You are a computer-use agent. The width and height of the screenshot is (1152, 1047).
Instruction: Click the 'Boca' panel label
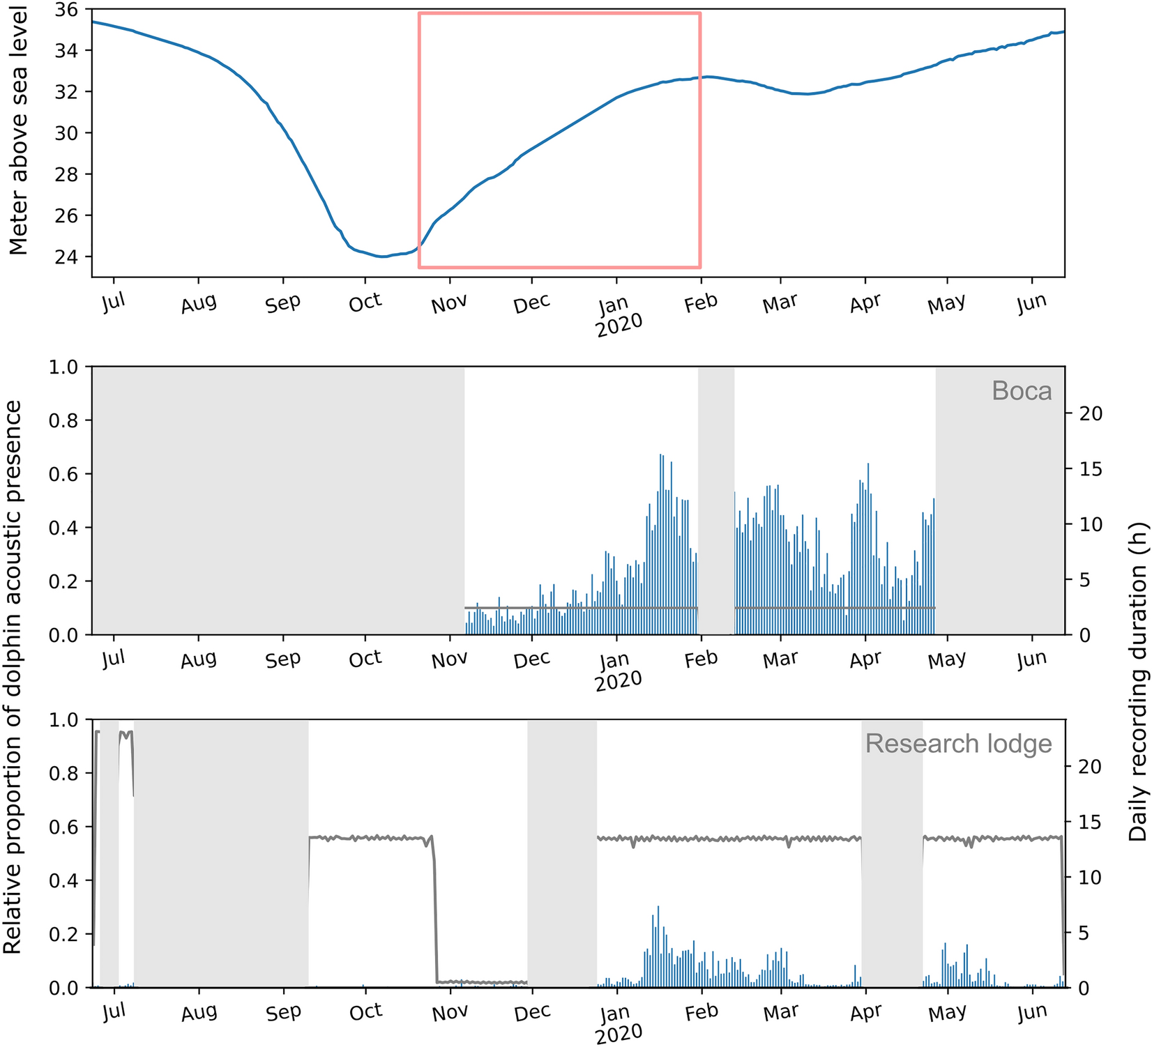pos(1021,391)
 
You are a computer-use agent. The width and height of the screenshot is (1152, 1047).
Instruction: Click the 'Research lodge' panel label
pos(957,744)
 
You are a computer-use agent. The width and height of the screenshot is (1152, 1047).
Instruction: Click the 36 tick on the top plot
pos(68,10)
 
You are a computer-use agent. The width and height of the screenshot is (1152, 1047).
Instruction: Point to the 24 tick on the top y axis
pos(68,257)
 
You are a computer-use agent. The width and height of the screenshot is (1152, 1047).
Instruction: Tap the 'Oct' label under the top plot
pos(365,303)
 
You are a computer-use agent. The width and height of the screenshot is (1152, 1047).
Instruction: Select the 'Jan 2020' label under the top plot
pos(618,315)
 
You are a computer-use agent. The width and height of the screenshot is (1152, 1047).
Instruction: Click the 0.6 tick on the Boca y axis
pos(64,474)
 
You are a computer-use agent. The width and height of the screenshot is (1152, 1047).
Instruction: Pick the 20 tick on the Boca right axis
pos(1091,413)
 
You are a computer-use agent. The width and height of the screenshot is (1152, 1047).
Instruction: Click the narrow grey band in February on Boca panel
pos(716,500)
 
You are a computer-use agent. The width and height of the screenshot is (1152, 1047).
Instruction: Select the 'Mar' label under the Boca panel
pos(780,659)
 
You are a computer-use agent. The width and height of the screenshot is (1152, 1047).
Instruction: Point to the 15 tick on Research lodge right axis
pos(1091,823)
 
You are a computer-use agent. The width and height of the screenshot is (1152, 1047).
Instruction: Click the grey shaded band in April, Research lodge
pos(892,853)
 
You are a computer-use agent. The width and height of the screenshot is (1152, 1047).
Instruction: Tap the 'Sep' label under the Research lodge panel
pos(283,1012)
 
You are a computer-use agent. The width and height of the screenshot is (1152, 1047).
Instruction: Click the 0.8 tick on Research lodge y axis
pos(64,773)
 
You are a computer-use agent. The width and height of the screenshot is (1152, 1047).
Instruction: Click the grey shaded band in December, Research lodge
pos(562,853)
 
